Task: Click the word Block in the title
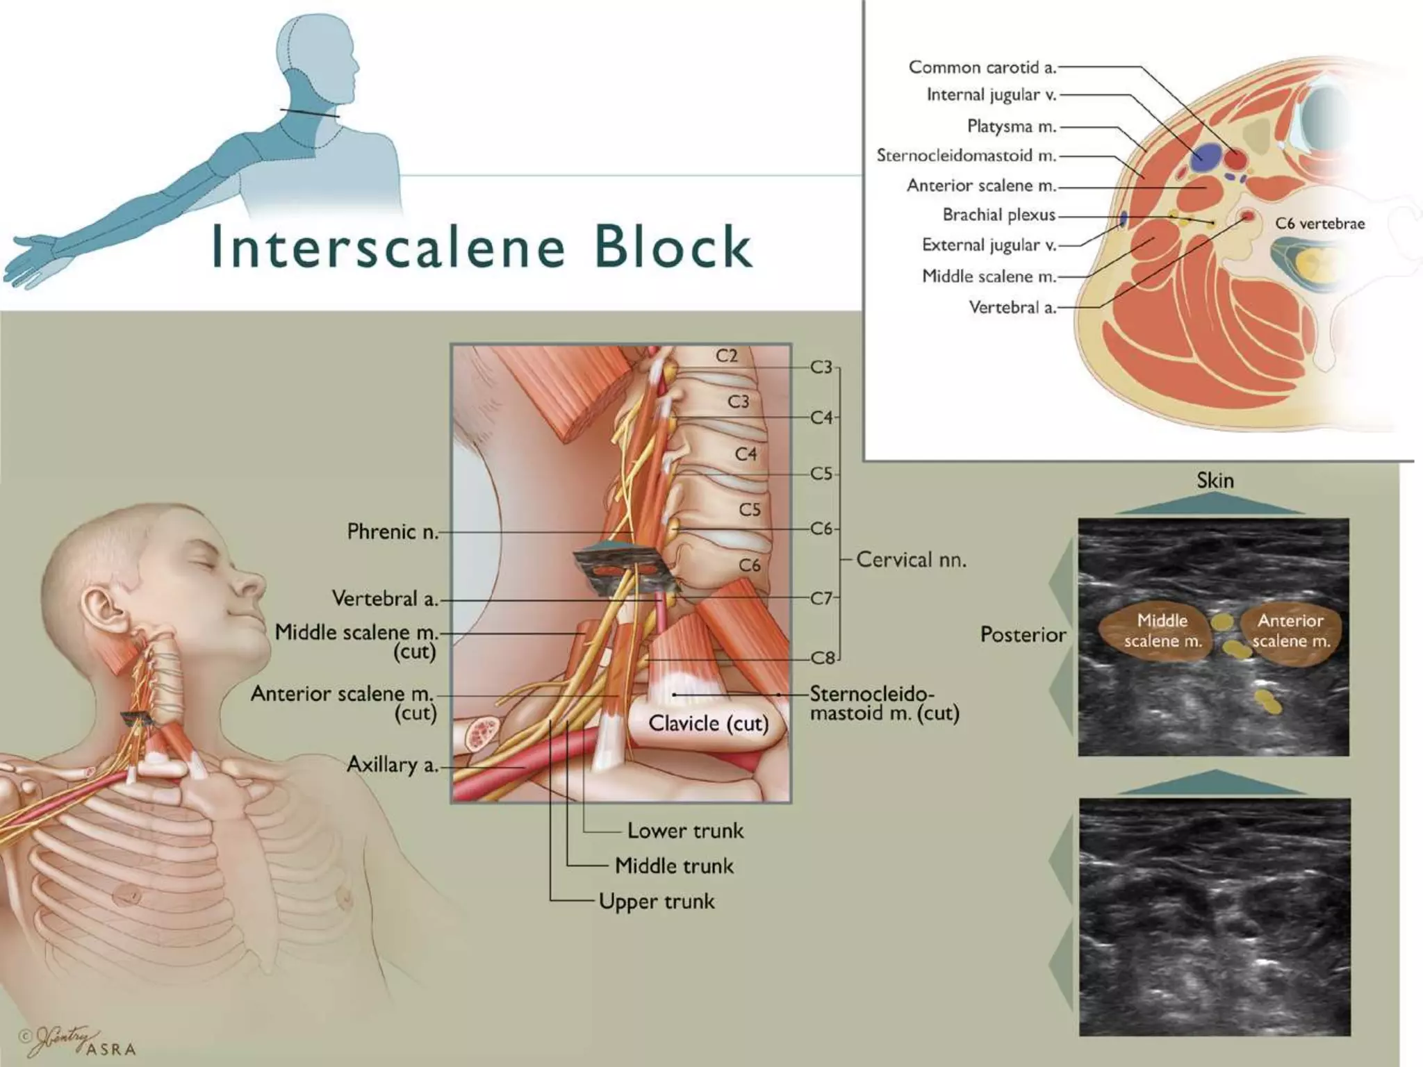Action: [673, 247]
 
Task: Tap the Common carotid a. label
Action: [982, 67]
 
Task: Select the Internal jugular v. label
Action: [991, 95]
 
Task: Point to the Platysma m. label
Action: [1011, 126]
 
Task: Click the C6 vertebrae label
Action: [1319, 224]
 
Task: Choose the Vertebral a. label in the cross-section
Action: [1012, 307]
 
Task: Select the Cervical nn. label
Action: [911, 560]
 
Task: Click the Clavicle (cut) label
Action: [708, 724]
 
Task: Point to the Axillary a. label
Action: [393, 765]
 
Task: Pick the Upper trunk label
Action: [657, 902]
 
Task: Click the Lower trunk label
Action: [685, 831]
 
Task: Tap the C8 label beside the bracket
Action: [823, 657]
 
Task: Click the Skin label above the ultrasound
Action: [1215, 480]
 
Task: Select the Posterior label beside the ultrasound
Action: [1022, 634]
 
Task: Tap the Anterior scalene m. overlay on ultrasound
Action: [1290, 631]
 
